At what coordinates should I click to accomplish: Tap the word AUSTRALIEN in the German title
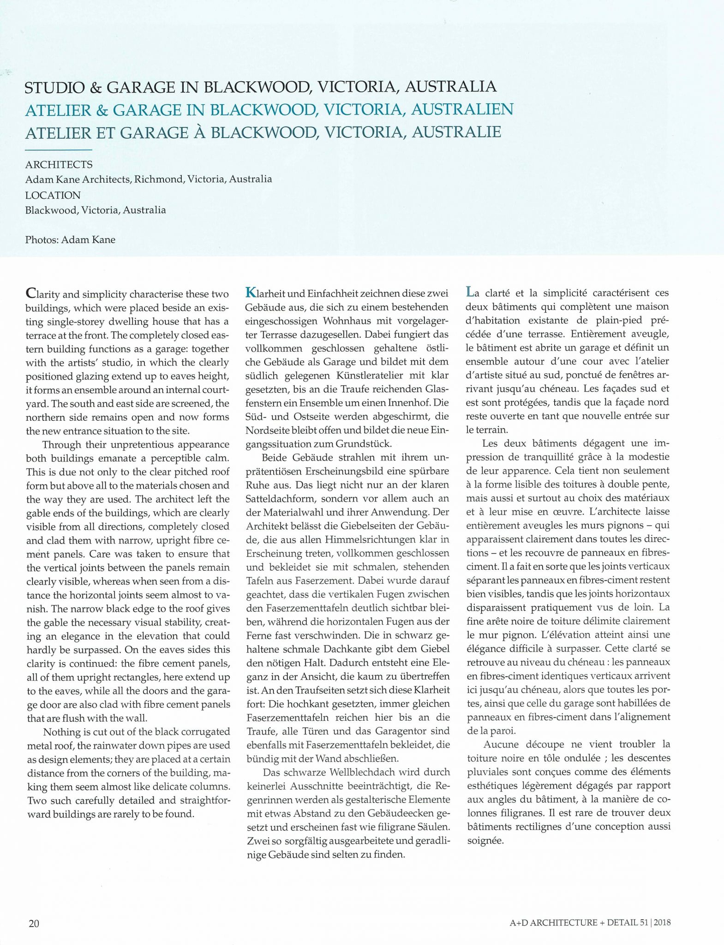click(x=462, y=109)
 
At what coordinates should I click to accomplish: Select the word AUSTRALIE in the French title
click(x=456, y=132)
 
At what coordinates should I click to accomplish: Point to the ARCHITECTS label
click(x=59, y=165)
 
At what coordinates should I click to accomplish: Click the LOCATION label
click(x=53, y=195)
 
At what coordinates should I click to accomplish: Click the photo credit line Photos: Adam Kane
click(x=70, y=239)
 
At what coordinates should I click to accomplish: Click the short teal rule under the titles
click(x=59, y=150)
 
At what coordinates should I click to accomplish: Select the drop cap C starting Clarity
click(x=31, y=293)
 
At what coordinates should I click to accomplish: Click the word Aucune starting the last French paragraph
click(x=501, y=744)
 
